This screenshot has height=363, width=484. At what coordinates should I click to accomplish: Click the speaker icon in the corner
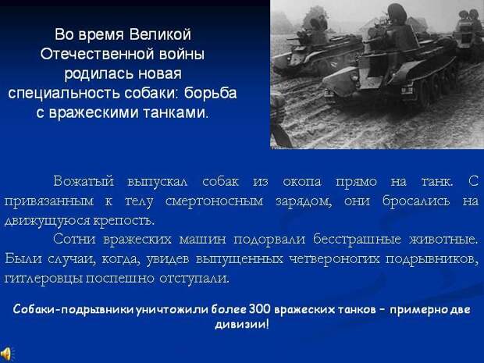[6, 354]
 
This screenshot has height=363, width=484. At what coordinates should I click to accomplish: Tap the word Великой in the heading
[160, 34]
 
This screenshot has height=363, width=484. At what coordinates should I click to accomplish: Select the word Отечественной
[98, 54]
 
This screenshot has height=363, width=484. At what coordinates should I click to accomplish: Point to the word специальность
[64, 94]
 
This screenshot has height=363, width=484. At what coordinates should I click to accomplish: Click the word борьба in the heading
[211, 93]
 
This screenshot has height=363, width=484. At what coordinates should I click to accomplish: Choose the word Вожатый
[84, 181]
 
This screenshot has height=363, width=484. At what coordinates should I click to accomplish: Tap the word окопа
[302, 182]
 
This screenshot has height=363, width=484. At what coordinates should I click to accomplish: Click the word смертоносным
[214, 201]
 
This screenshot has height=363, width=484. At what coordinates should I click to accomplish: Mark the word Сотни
[74, 239]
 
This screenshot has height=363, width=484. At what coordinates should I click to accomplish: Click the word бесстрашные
[357, 240]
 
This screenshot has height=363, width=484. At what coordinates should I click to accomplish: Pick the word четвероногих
[334, 258]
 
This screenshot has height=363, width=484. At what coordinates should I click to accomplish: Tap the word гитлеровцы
[43, 279]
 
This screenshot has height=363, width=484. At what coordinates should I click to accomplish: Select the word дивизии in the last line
[240, 324]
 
